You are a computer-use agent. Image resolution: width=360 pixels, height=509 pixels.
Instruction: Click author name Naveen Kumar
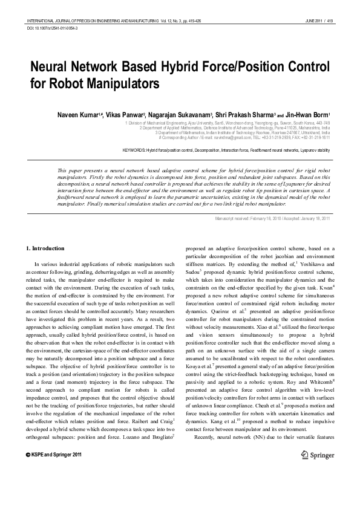point(77,114)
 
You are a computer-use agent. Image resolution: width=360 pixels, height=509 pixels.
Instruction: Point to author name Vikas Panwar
point(125,114)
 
